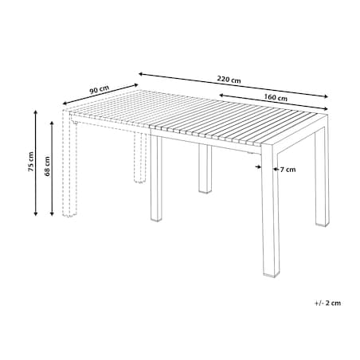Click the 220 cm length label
(x=229, y=80)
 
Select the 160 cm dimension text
(x=276, y=97)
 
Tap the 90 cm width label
(x=99, y=89)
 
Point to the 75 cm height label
(x=31, y=162)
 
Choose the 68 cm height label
(x=47, y=166)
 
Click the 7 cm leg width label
(x=288, y=170)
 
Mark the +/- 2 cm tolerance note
(x=327, y=303)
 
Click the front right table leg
(x=270, y=213)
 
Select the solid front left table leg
(x=156, y=178)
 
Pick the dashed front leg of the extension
(x=69, y=163)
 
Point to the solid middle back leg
(x=205, y=169)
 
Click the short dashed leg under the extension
(x=140, y=158)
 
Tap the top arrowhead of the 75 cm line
(x=36, y=113)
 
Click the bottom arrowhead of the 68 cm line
(x=52, y=213)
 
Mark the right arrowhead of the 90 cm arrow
(x=136, y=85)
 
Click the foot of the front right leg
(x=272, y=275)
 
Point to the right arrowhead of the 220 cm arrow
(x=326, y=97)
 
